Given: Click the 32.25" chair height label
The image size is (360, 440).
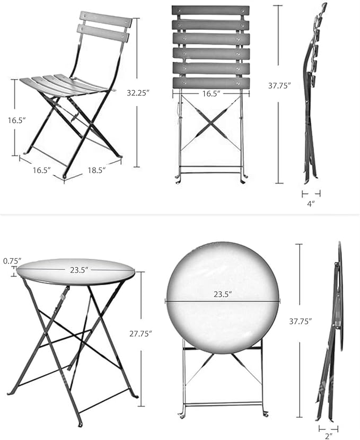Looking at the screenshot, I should (x=138, y=92).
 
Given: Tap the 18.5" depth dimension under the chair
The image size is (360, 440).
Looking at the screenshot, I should (x=97, y=170).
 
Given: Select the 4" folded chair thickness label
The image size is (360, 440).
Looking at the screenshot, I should (x=311, y=203).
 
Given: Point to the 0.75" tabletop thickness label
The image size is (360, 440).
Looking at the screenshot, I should (x=12, y=261).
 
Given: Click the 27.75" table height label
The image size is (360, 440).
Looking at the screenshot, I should (x=141, y=333).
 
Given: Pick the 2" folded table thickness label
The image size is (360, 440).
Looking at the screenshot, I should (x=328, y=436).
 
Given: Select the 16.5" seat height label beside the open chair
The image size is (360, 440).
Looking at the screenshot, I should (x=16, y=120).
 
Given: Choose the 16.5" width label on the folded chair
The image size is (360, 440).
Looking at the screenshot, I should (x=210, y=94).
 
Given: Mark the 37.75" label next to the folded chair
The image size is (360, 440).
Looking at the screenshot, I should (x=279, y=85).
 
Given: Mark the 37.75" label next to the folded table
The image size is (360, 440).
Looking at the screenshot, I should (x=300, y=321).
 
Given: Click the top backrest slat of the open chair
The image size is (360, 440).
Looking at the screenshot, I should (x=106, y=19).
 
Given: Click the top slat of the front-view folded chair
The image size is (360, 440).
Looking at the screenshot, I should (x=210, y=11).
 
